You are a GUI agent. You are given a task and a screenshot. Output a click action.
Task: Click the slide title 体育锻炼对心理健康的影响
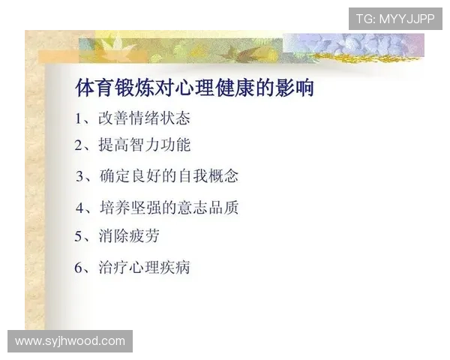tap(194, 88)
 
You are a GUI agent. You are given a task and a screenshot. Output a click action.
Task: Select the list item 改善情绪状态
tap(144, 118)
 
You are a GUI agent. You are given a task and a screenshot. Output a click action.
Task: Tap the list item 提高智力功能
tap(144, 145)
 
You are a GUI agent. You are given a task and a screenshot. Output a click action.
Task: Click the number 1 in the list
tap(79, 119)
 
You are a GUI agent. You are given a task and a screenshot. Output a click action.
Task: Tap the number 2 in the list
tap(79, 145)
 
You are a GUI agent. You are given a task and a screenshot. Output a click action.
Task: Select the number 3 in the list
tap(80, 177)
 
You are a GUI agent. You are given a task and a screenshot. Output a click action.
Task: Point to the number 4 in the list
tap(80, 208)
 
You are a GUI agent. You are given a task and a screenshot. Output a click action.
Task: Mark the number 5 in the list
tap(79, 237)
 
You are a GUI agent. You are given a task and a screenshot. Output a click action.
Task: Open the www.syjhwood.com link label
tap(70, 341)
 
